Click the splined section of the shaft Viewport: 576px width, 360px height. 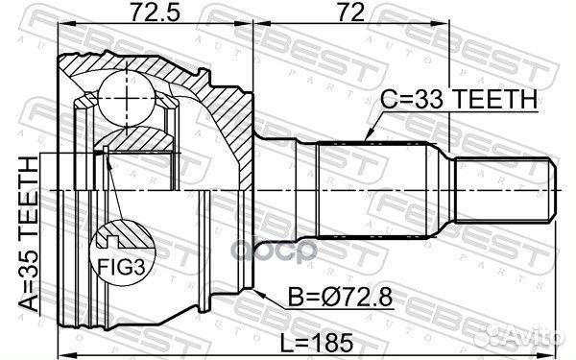point(371,191)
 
